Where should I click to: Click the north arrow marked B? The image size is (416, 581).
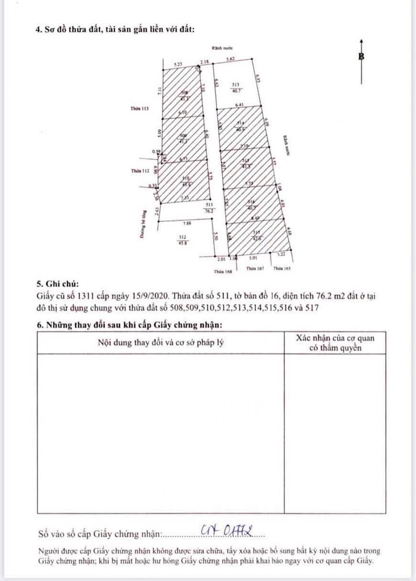[x=361, y=57]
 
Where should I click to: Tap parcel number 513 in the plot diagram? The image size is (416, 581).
[x=235, y=84]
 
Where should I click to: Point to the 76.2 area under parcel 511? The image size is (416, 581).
[x=210, y=211]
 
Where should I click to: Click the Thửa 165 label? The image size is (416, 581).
[x=281, y=269]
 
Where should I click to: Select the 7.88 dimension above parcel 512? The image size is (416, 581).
[x=186, y=223]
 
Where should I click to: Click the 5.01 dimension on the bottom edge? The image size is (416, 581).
[x=253, y=260]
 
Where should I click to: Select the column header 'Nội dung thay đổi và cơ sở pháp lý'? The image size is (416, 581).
[x=161, y=342]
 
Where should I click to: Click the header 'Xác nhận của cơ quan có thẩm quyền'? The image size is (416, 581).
[x=335, y=342]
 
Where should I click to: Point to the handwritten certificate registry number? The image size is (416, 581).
[x=231, y=530]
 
